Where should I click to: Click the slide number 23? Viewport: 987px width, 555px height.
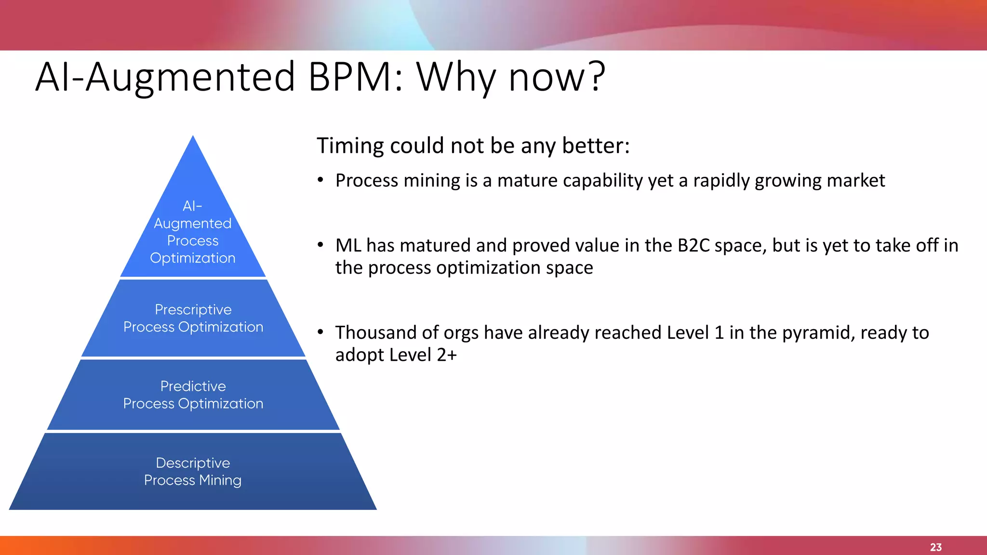click(935, 547)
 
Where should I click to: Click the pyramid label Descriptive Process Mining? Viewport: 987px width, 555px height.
click(193, 471)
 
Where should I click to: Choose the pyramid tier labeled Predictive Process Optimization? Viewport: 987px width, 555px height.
click(193, 395)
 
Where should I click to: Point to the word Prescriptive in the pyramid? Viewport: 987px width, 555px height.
click(193, 309)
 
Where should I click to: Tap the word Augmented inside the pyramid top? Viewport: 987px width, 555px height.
click(193, 224)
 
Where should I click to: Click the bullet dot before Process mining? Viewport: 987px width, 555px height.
click(320, 181)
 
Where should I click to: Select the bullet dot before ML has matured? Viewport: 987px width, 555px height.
click(320, 245)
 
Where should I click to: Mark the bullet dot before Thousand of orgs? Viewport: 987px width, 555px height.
click(320, 332)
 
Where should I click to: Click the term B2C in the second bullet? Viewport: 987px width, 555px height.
click(694, 246)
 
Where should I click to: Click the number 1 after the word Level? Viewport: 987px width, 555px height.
click(719, 333)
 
